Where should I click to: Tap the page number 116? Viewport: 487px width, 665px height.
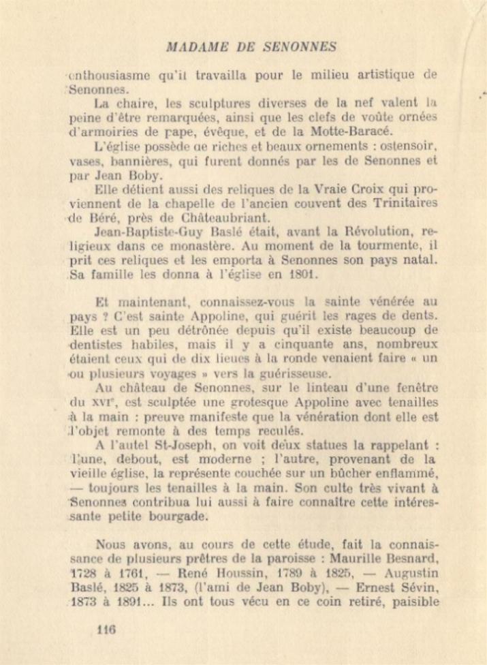click(x=106, y=630)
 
